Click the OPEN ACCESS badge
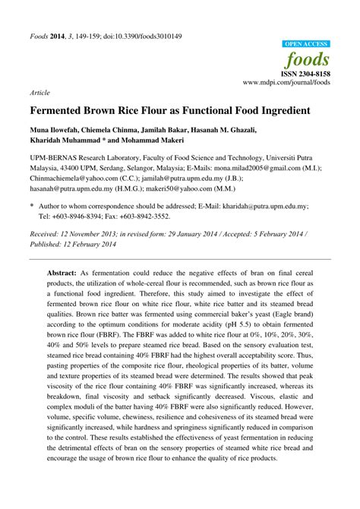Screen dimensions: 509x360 click(306, 45)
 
